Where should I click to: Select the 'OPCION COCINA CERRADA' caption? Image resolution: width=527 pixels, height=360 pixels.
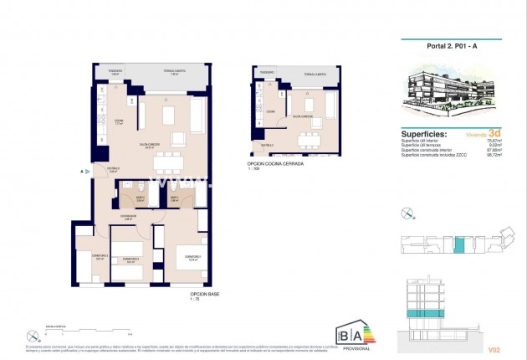click(275, 163)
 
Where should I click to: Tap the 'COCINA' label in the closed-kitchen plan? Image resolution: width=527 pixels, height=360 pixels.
click(271, 110)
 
